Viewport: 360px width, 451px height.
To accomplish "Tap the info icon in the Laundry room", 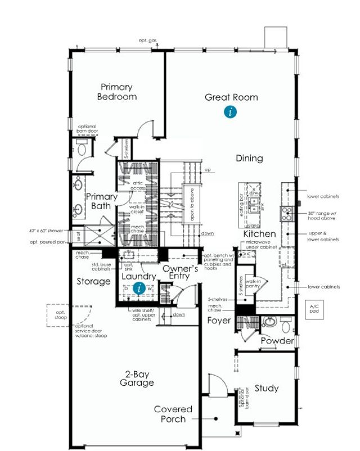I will tap(140, 288).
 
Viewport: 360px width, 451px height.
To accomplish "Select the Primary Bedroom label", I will tap(117, 92).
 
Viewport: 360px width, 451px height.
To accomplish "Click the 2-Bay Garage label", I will tap(137, 378).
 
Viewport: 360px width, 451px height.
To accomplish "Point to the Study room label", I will tap(266, 388).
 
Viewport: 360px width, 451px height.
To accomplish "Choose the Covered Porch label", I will tap(173, 414).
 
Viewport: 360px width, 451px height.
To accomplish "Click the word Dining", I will tap(249, 158).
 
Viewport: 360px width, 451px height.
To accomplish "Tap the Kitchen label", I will tap(259, 233).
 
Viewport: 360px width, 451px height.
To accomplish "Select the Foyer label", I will tap(219, 321).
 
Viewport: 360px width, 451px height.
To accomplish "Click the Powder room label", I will tap(277, 341).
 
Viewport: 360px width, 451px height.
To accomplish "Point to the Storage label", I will tap(93, 281).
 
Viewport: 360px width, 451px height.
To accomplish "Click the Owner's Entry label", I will tap(180, 273).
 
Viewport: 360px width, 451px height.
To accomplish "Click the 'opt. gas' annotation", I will tap(148, 40).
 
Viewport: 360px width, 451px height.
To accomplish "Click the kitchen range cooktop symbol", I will tap(286, 213).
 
